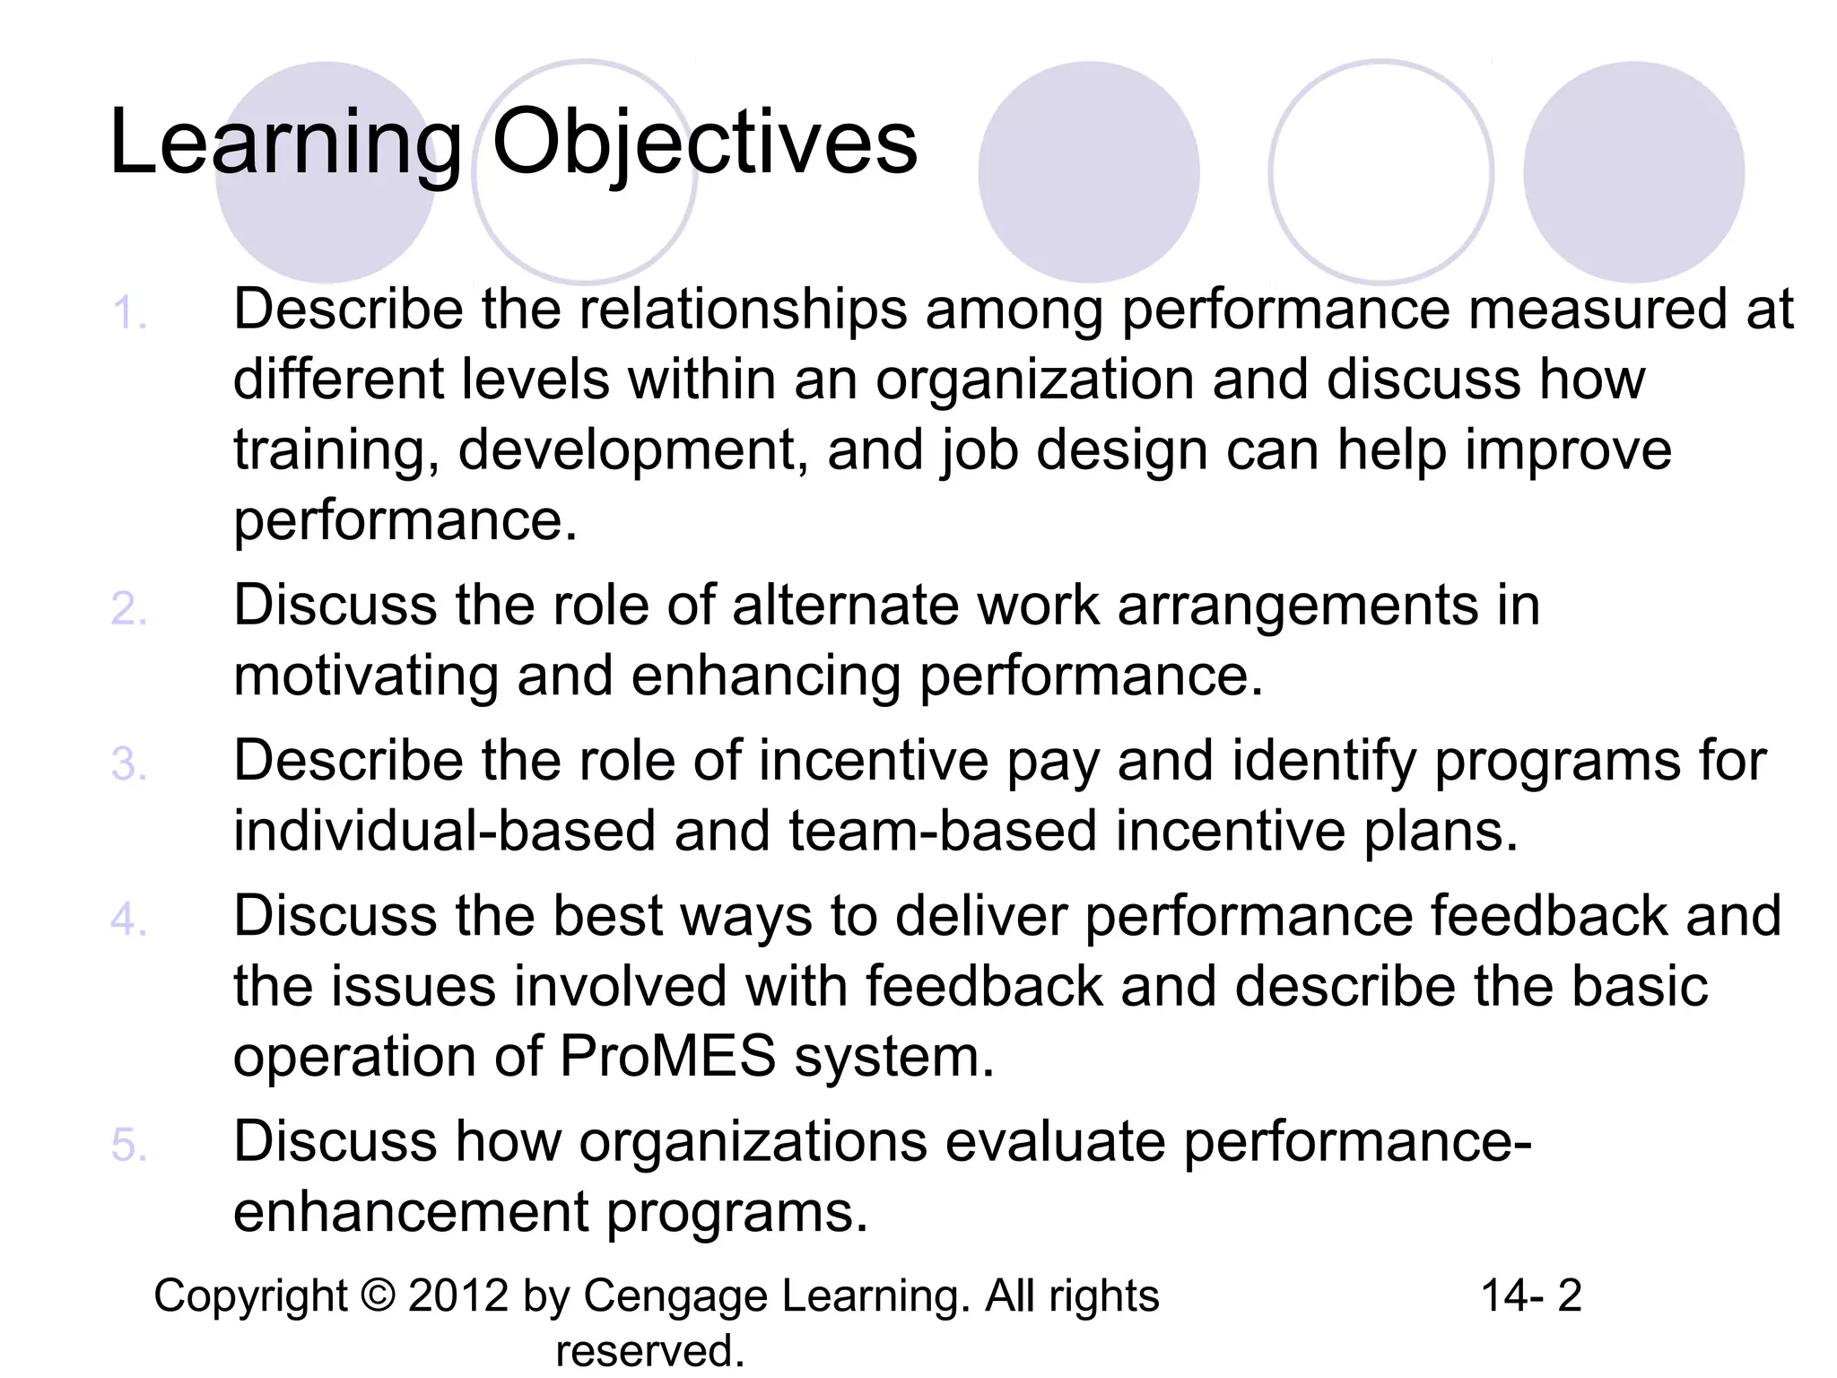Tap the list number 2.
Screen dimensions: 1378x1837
click(128, 610)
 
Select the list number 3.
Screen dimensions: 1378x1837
click(128, 765)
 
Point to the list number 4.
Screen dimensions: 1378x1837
click(128, 920)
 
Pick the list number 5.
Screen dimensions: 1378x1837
click(128, 1147)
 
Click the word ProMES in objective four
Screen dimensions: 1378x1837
click(667, 1055)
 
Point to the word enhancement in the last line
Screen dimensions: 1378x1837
click(411, 1212)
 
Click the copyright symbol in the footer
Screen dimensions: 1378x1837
click(379, 1296)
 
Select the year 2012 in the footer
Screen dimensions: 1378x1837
click(458, 1296)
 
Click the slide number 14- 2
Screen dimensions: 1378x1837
click(1531, 1296)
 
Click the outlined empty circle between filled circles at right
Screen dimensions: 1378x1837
click(1380, 172)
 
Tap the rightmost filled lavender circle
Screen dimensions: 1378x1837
click(1633, 172)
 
